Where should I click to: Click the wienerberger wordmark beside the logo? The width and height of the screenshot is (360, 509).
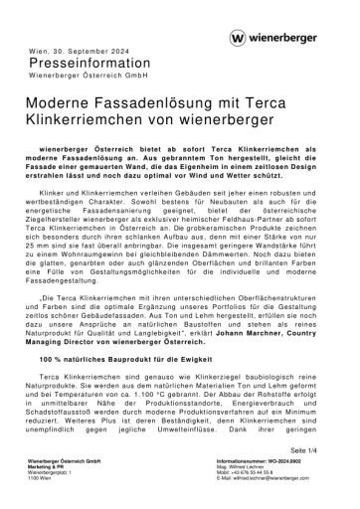click(x=293, y=37)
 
